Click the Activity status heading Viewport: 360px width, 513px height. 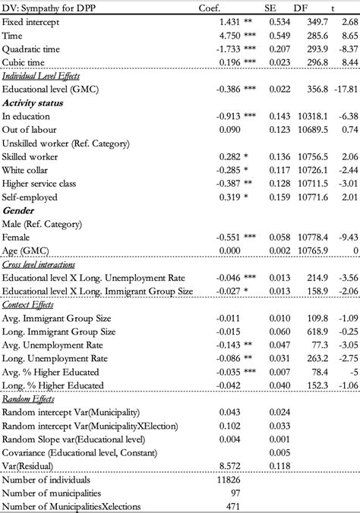33,103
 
